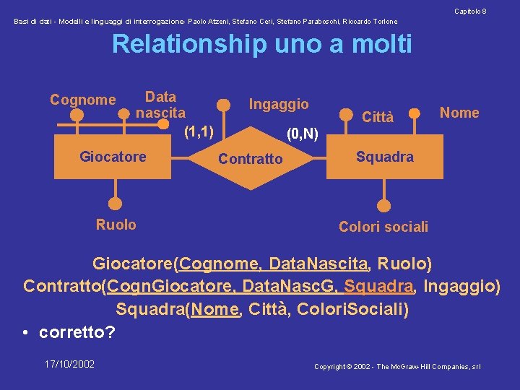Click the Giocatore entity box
coord(113,157)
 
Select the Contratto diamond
coord(250,158)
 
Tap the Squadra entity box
coord(385,157)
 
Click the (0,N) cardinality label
coord(303,134)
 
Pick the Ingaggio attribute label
coord(279,104)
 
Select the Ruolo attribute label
coord(116,225)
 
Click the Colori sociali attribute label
coord(383,227)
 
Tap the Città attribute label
coord(378,117)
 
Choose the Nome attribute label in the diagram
coord(459,113)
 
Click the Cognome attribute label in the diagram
coord(82,100)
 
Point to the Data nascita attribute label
coord(160,105)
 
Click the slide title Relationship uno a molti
coord(261,44)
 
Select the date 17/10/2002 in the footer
coord(69,364)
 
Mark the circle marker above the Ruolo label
coord(114,204)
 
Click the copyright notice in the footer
coord(397,367)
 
